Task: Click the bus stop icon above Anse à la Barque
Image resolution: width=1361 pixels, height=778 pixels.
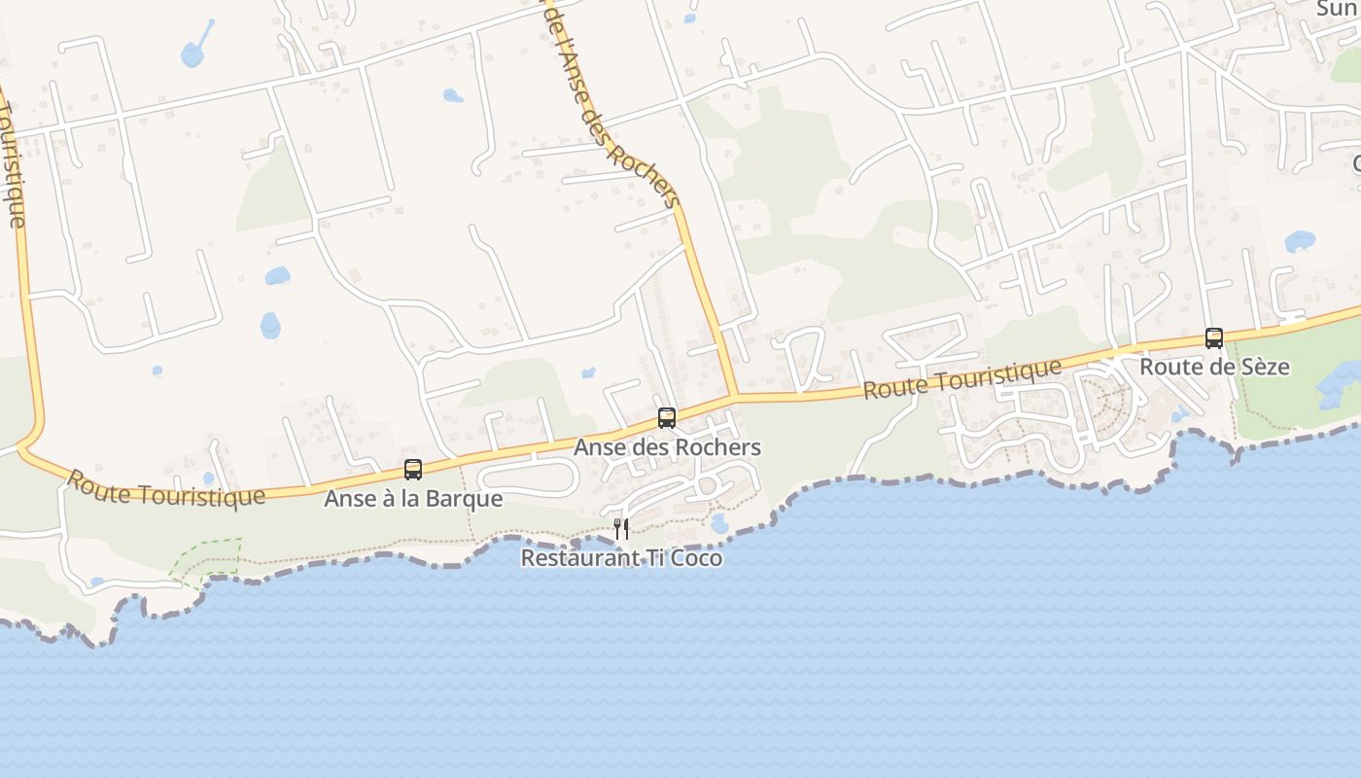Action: pyautogui.click(x=413, y=470)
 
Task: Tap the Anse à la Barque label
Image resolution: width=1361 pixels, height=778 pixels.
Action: pyautogui.click(x=413, y=499)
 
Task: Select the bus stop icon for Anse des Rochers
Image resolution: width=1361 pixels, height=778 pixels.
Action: pyautogui.click(x=667, y=418)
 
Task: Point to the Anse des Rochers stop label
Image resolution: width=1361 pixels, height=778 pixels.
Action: pyautogui.click(x=667, y=447)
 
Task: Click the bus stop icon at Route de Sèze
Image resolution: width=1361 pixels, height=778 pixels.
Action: pyautogui.click(x=1214, y=338)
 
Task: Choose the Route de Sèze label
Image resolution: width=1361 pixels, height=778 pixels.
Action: pyautogui.click(x=1214, y=367)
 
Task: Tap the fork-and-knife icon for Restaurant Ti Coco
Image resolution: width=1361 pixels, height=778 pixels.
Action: pyautogui.click(x=621, y=529)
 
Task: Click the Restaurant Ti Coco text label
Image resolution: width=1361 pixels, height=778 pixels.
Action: pyautogui.click(x=621, y=558)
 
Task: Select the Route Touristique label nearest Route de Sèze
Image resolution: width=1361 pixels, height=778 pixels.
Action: pyautogui.click(x=962, y=378)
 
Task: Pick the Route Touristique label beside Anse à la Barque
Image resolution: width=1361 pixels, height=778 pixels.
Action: pyautogui.click(x=165, y=488)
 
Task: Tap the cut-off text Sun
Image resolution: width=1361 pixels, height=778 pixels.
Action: pyautogui.click(x=1338, y=9)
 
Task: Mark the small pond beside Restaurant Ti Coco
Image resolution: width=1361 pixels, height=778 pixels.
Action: pyautogui.click(x=719, y=523)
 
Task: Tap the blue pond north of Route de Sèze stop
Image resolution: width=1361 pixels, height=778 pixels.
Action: pyautogui.click(x=1300, y=241)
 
